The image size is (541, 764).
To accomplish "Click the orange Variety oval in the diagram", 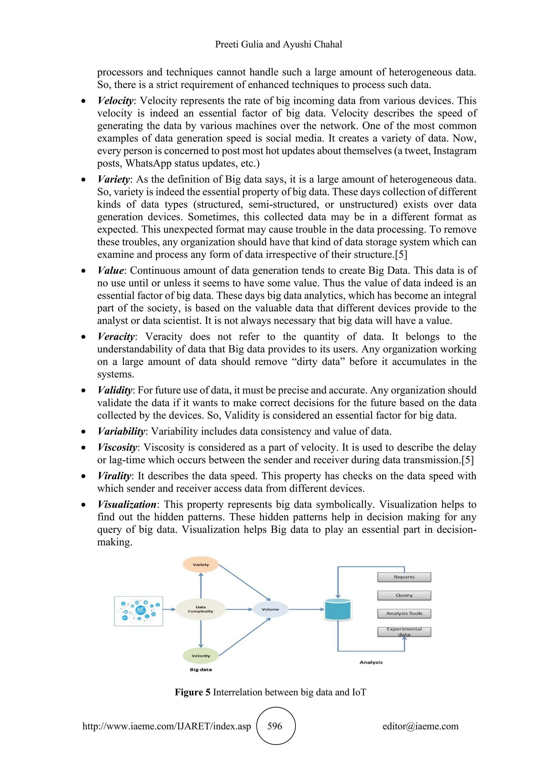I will tap(200, 565).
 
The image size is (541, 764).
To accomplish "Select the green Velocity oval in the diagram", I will tap(200, 656).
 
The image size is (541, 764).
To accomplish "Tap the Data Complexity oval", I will tap(200, 609).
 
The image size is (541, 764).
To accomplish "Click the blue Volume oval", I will tap(270, 609).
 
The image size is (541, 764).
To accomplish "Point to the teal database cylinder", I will tap(338, 610).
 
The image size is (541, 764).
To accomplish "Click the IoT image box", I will tap(139, 611).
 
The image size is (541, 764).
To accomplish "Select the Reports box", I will tap(404, 577).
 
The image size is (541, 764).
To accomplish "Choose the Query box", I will tap(404, 595).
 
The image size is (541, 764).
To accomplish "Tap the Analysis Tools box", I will tap(404, 614).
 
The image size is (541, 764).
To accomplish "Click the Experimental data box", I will tap(404, 632).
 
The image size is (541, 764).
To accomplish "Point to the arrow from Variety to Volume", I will tap(244, 583).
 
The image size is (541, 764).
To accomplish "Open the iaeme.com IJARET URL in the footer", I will tap(167, 726).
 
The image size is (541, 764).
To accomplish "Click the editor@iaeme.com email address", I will tap(420, 726).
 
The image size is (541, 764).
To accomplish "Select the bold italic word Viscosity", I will tap(117, 447).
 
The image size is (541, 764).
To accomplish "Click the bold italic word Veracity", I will tap(116, 337).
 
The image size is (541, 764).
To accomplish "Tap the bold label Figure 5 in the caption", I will tap(193, 693).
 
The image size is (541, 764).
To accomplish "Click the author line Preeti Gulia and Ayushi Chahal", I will tap(278, 44).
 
